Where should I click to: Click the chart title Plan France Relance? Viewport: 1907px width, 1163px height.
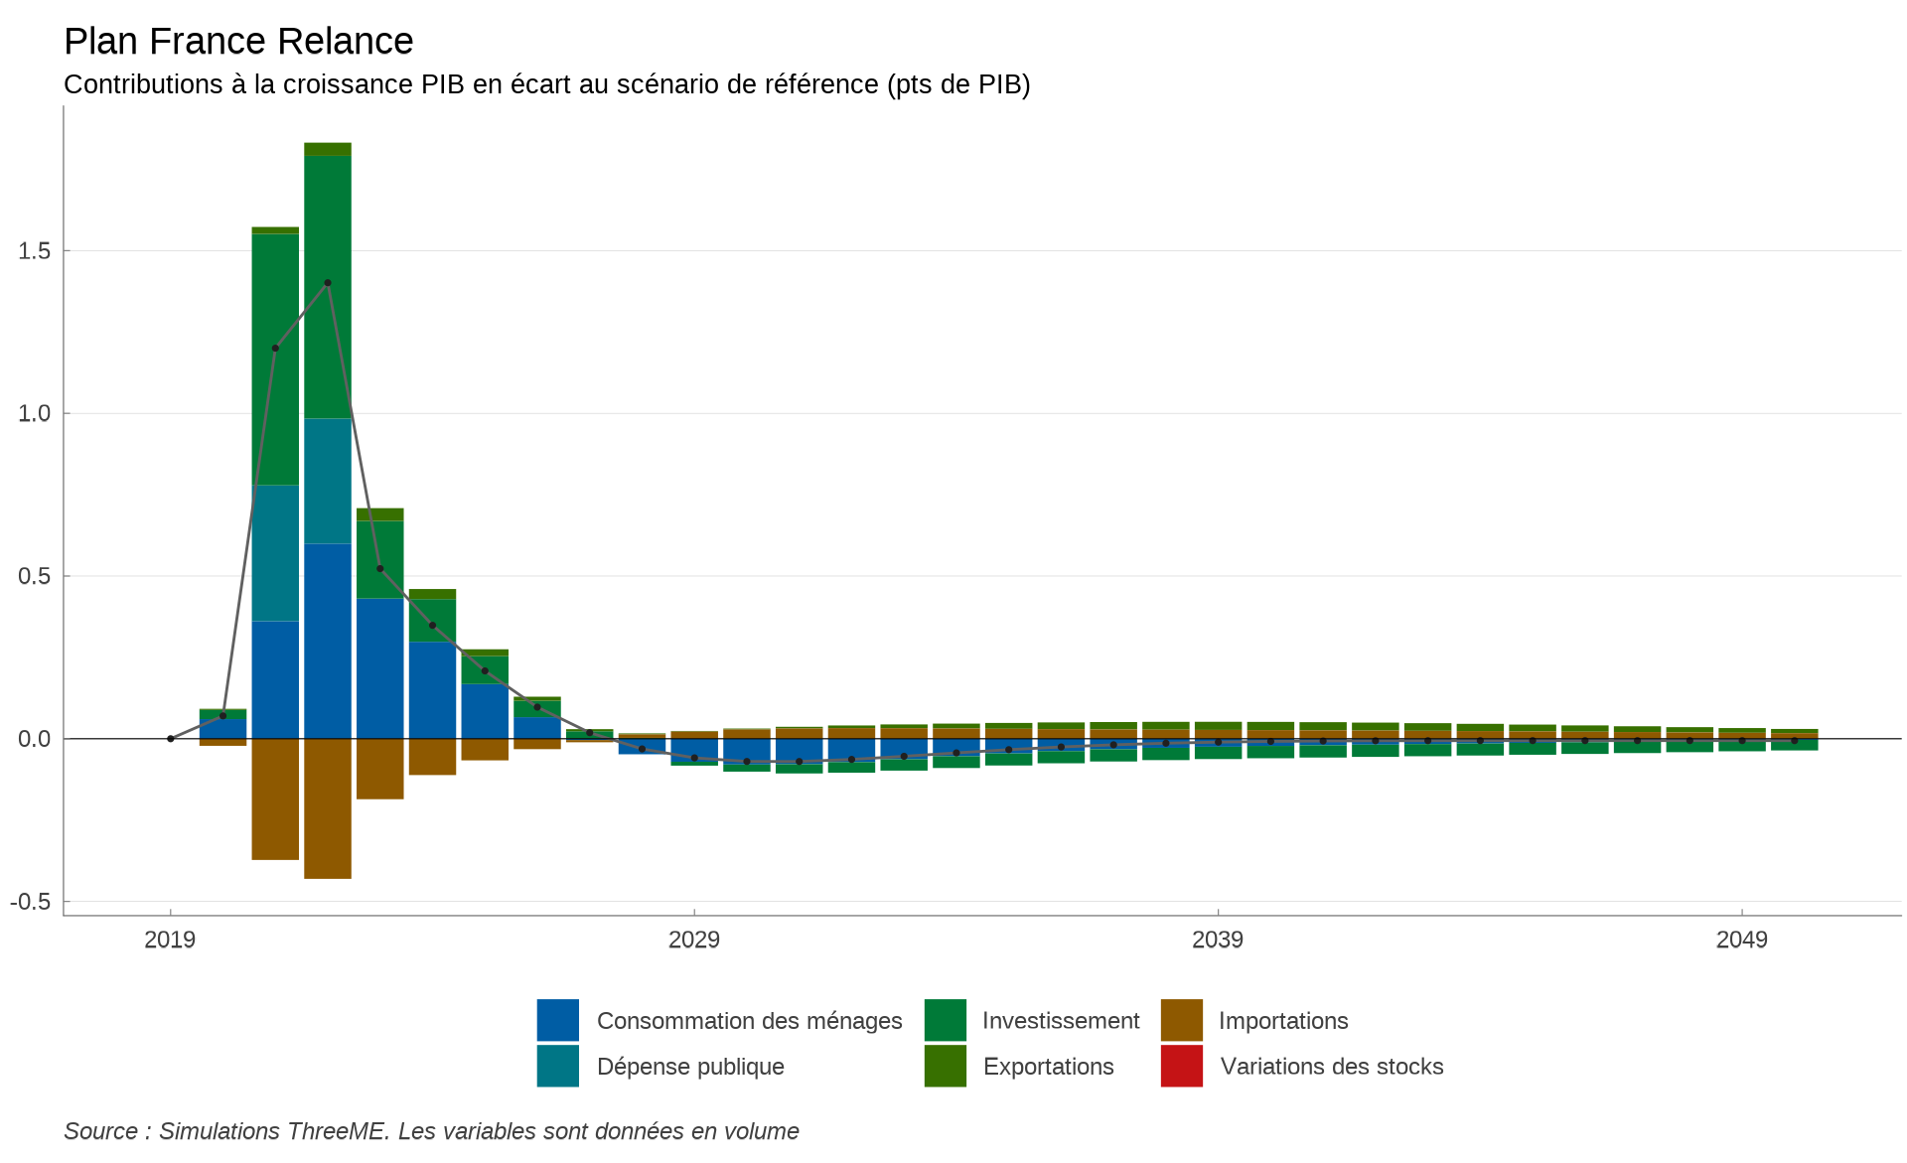click(x=238, y=42)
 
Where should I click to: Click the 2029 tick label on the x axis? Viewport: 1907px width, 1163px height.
click(x=693, y=940)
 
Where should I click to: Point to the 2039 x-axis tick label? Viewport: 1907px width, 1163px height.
click(x=1217, y=940)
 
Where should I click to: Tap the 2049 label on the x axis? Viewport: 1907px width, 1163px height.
click(x=1741, y=940)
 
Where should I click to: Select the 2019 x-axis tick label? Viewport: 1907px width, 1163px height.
click(x=170, y=940)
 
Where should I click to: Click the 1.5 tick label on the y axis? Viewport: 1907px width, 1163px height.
click(x=35, y=251)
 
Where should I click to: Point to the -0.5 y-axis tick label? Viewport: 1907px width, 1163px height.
click(x=31, y=902)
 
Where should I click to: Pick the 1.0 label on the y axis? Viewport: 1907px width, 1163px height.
click(x=35, y=413)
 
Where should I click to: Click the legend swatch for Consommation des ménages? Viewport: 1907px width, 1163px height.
click(x=557, y=1020)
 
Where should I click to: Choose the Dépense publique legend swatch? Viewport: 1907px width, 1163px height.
click(x=557, y=1066)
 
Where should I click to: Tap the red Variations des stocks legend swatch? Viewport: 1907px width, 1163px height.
click(x=1181, y=1066)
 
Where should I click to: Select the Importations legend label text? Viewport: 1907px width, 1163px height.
click(x=1282, y=1021)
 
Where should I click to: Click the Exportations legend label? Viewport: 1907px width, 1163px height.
click(x=1048, y=1067)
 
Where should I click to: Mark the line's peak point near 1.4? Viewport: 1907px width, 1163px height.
click(x=328, y=283)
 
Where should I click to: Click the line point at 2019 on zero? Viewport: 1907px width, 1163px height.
click(x=171, y=739)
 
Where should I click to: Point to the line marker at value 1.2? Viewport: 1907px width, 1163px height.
click(x=275, y=349)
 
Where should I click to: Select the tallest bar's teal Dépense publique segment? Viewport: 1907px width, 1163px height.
click(x=328, y=481)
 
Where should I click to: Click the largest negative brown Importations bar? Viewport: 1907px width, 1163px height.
click(x=328, y=808)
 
